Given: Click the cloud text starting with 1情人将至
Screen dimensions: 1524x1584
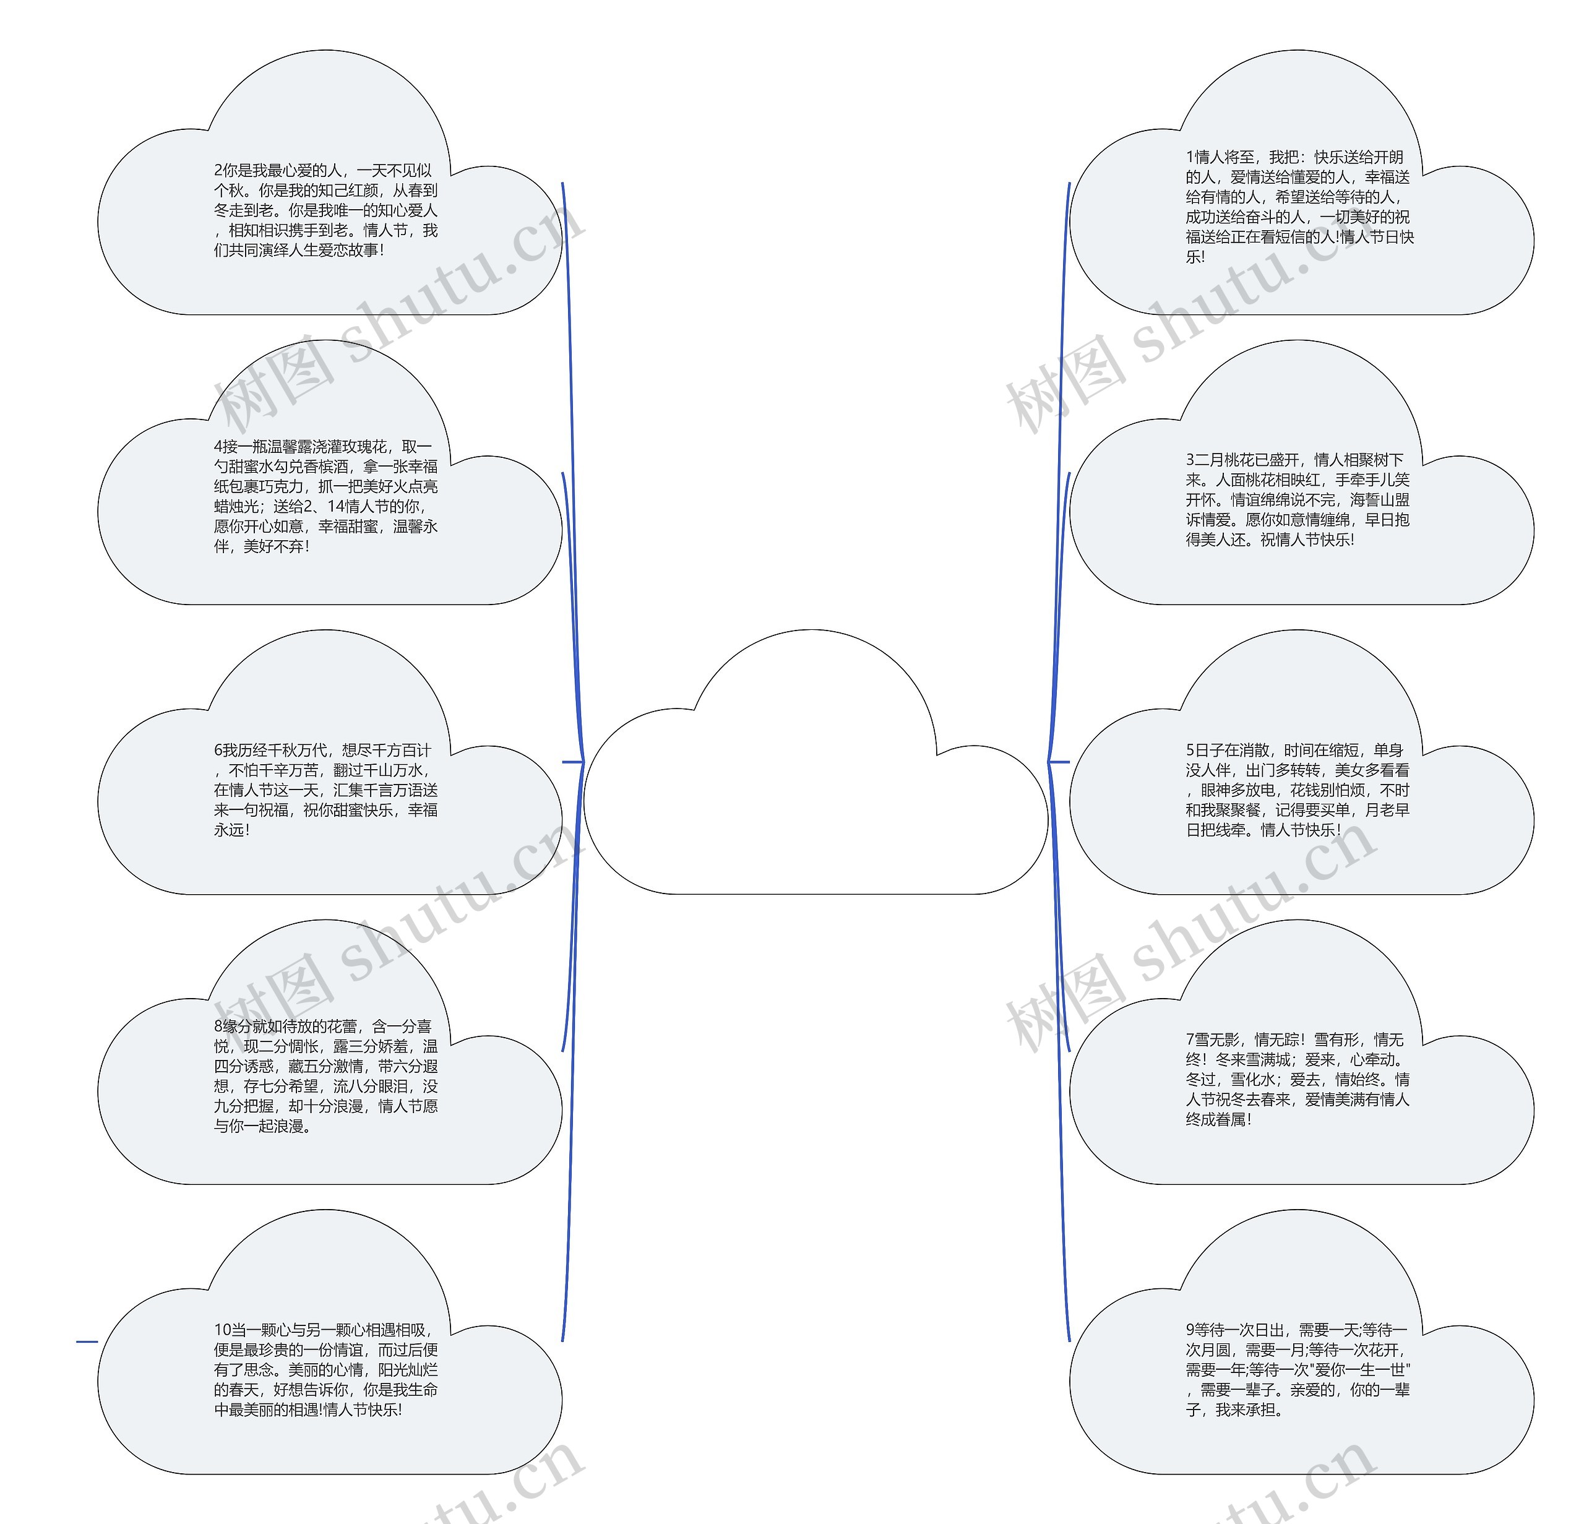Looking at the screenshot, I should pyautogui.click(x=1299, y=207).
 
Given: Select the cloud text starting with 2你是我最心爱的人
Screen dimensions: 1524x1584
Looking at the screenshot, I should pyautogui.click(x=325, y=210).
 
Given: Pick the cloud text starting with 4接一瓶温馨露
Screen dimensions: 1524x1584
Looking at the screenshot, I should pyautogui.click(x=325, y=496).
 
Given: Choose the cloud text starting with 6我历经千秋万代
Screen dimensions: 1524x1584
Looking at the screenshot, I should pyautogui.click(x=325, y=790).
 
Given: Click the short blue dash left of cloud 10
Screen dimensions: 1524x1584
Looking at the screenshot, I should pyautogui.click(x=87, y=1341).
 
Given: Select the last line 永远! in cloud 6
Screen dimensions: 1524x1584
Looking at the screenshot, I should pyautogui.click(x=232, y=830).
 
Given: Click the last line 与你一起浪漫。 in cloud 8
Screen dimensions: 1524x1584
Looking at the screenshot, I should pyautogui.click(x=262, y=1126).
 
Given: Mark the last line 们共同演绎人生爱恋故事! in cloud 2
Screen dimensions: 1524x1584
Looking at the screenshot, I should pyautogui.click(x=299, y=251).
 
